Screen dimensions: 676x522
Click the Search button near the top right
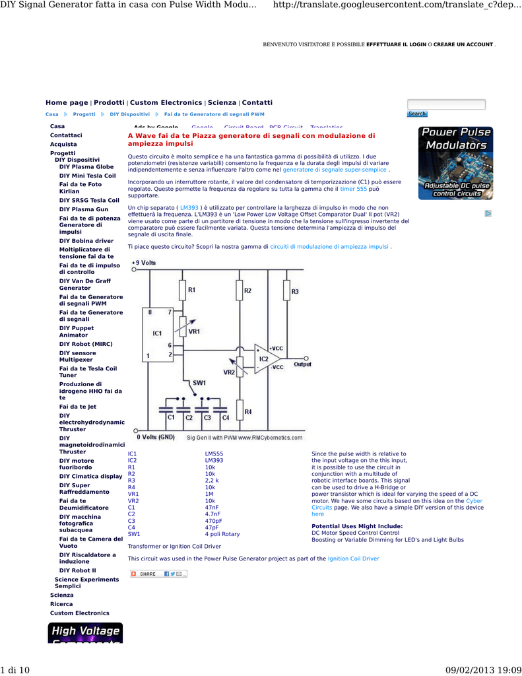(x=417, y=114)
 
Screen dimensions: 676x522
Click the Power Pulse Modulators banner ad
(x=455, y=163)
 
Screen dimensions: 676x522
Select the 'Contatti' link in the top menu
(x=257, y=103)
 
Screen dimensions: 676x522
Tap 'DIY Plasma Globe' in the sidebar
(x=86, y=167)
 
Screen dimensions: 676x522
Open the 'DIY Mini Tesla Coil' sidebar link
(x=87, y=176)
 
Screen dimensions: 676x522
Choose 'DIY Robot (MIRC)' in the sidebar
(x=86, y=344)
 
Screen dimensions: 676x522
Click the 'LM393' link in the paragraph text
(x=189, y=207)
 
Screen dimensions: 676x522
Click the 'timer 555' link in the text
(x=353, y=189)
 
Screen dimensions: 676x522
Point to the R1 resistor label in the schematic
(x=192, y=290)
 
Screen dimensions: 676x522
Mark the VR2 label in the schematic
(x=229, y=372)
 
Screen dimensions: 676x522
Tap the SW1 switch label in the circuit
(x=199, y=383)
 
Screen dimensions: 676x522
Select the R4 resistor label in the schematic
(x=247, y=412)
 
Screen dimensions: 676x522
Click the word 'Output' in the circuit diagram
(x=303, y=364)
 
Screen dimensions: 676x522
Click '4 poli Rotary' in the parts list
(x=222, y=533)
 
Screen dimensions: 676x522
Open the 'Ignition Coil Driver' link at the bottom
(x=353, y=558)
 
